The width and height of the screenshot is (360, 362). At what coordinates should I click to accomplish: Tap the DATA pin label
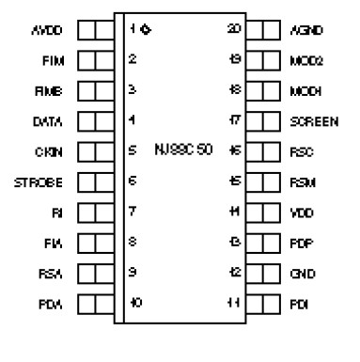46,120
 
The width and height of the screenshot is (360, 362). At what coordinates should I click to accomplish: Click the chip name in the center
183,150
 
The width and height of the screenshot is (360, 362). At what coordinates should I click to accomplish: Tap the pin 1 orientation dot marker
145,29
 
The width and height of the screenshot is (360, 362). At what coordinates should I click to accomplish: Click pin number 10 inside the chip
135,303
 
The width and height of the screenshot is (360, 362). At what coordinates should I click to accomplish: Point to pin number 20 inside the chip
234,29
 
